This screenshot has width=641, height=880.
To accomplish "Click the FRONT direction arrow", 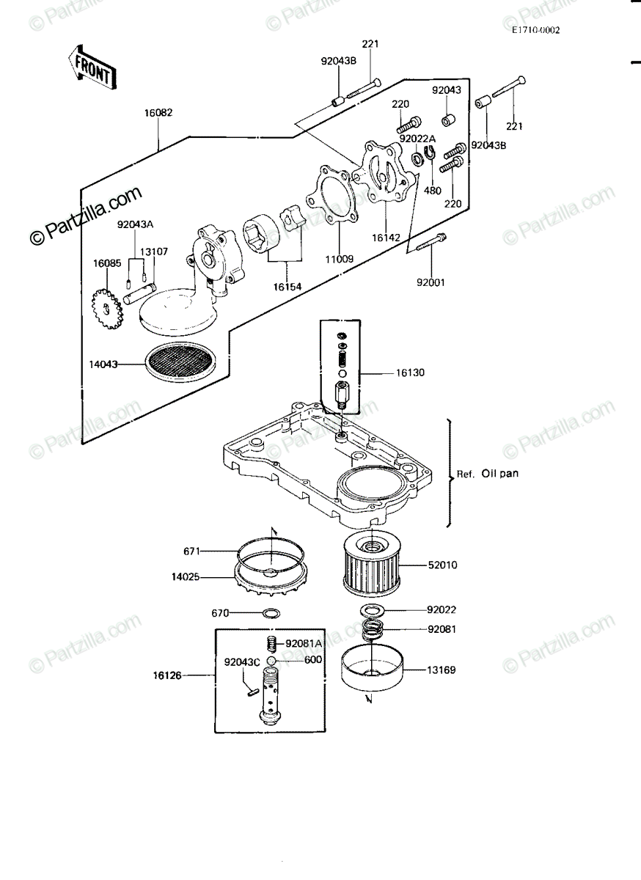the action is click(92, 67).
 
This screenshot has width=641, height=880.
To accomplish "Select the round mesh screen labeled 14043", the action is click(182, 364).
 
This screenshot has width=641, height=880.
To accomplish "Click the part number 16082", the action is click(158, 113).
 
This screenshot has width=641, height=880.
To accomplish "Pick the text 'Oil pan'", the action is click(499, 474).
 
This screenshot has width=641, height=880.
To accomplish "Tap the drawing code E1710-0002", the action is click(535, 30).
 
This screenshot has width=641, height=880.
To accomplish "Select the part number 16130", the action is click(410, 373).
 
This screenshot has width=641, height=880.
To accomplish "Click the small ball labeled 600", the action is click(271, 660).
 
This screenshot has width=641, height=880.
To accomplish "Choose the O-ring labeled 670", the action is click(272, 612).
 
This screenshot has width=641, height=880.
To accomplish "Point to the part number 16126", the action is click(167, 675).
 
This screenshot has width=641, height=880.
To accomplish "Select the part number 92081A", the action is click(304, 644).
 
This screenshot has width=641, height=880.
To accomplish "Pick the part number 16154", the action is click(287, 287).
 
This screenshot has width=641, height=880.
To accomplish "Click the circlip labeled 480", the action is click(430, 151).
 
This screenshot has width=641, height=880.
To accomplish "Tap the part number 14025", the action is click(186, 577).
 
